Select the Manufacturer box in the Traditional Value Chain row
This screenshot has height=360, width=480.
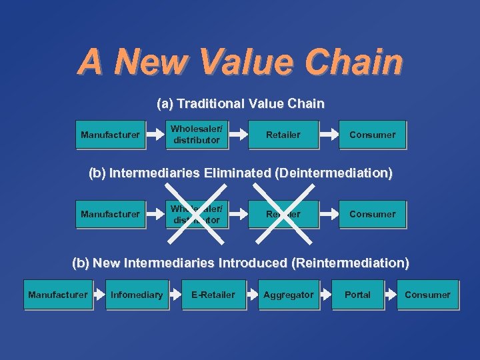coord(110,135)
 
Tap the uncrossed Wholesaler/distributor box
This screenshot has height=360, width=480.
coord(197,135)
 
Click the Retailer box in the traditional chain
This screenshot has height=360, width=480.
coord(283,135)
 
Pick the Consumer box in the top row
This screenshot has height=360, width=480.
coord(372,135)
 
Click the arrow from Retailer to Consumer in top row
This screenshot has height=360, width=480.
coord(329,135)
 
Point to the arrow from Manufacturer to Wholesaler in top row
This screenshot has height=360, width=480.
coord(155,135)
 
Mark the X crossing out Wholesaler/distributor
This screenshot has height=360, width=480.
coord(197,214)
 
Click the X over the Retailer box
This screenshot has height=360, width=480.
coord(283,214)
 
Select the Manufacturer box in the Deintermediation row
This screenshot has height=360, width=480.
coord(110,214)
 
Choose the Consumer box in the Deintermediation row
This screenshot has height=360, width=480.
coord(372,214)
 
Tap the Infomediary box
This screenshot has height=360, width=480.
coord(137,295)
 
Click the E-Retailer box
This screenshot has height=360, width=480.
coord(213,295)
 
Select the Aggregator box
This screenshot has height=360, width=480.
coord(288,295)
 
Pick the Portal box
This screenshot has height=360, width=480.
coord(357,295)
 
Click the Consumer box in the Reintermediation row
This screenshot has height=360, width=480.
coord(427,295)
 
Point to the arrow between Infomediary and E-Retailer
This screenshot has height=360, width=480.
coord(175,295)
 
